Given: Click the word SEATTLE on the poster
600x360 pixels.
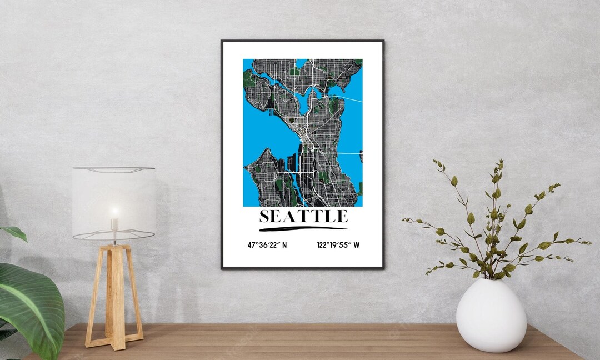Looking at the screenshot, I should click(303, 216).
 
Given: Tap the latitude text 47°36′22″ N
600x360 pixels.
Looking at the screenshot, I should click(267, 244).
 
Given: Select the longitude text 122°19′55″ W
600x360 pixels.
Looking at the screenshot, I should click(338, 244).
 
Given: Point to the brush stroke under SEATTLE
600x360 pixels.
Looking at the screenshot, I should click(303, 228).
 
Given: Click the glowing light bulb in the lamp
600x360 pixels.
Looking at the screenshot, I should click(114, 212).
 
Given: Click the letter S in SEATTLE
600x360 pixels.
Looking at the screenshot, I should click(264, 216).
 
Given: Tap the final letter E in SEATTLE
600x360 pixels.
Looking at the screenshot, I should click(342, 216).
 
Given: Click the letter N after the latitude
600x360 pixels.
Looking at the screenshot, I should click(284, 244).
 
